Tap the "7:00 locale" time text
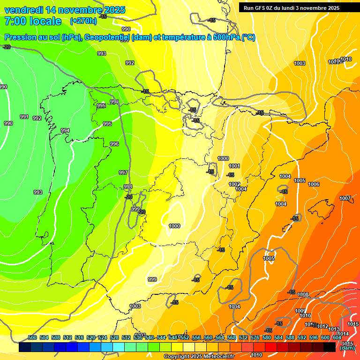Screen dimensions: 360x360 [33, 21]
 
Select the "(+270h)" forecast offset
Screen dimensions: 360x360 [83, 21]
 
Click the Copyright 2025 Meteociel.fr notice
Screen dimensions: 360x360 [199, 357]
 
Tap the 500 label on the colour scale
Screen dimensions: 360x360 [32, 337]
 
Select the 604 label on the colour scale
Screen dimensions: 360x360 [337, 337]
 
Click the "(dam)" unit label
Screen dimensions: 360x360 [347, 348]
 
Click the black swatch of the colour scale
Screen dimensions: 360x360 [330, 347]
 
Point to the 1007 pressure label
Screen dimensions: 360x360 [345, 199]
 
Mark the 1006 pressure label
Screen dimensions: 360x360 [314, 185]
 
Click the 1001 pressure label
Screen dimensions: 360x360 [234, 166]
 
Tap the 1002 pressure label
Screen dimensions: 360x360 [234, 184]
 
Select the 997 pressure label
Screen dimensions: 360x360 [123, 173]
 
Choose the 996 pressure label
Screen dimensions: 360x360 [114, 144]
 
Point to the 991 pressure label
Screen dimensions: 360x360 [24, 117]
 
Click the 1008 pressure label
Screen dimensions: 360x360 [303, 295]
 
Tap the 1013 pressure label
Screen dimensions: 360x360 [334, 329]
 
